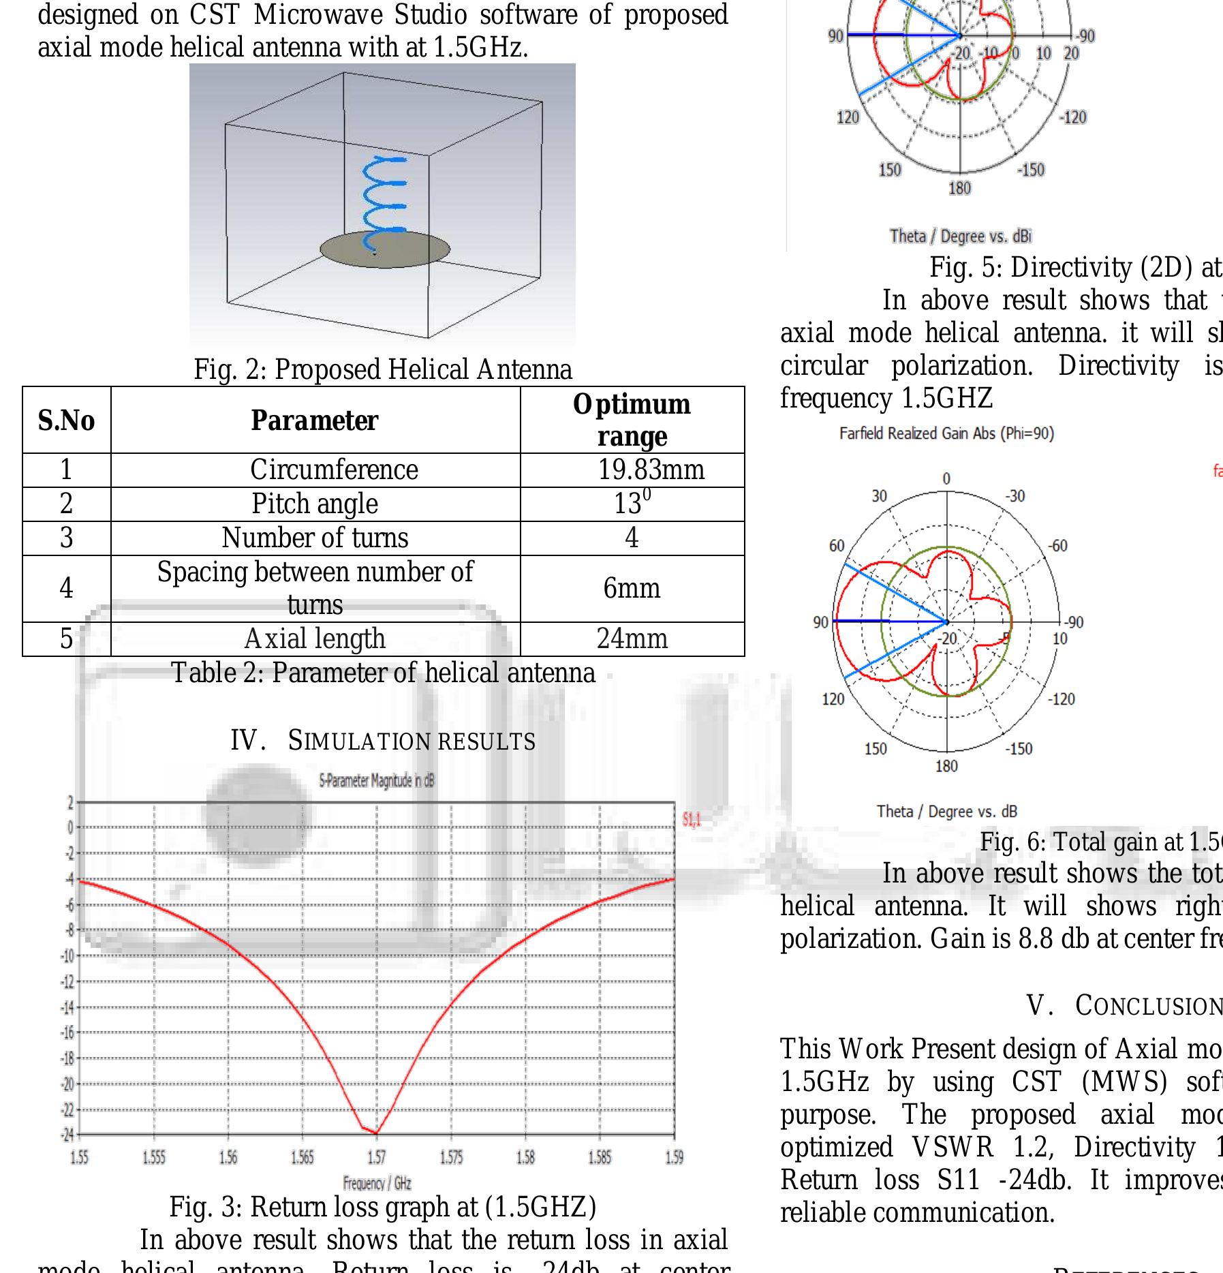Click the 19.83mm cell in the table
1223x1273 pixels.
(x=651, y=470)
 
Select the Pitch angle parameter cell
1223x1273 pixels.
(x=315, y=504)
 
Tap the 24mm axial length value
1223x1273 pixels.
(x=632, y=639)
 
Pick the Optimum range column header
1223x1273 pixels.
(x=632, y=420)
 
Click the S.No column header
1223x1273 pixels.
(x=66, y=420)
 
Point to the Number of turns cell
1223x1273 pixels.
(x=315, y=538)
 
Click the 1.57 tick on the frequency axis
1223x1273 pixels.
(x=376, y=1157)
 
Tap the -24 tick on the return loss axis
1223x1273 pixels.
(x=67, y=1135)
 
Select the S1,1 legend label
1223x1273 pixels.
(x=691, y=820)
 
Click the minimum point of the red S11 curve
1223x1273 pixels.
(x=376, y=1133)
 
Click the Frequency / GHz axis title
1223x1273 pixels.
(x=377, y=1184)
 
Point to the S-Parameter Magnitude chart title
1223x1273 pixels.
(x=376, y=781)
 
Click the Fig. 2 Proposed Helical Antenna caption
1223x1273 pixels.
(x=383, y=370)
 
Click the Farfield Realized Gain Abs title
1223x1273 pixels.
(x=946, y=433)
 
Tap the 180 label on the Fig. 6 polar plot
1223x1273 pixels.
(x=946, y=767)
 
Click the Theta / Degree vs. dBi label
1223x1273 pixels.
(x=960, y=236)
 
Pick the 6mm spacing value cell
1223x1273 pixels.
(x=632, y=589)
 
